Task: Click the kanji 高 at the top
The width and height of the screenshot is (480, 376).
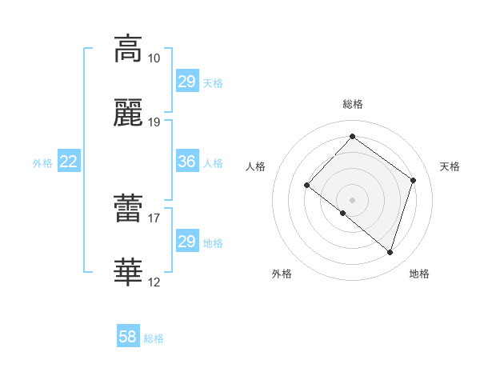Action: pyautogui.click(x=128, y=48)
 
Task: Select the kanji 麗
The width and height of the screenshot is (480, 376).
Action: pyautogui.click(x=128, y=114)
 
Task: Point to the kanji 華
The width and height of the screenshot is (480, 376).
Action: pyautogui.click(x=128, y=273)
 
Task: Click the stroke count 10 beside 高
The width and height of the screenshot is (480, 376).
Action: pyautogui.click(x=154, y=58)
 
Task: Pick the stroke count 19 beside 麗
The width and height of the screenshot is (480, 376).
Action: pyautogui.click(x=154, y=122)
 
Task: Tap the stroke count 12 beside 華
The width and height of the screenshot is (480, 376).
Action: pyautogui.click(x=154, y=282)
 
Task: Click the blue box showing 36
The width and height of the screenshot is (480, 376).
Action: pyautogui.click(x=186, y=162)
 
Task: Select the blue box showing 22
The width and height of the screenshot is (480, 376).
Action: pyautogui.click(x=69, y=162)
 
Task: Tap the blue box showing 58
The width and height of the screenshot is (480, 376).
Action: pyautogui.click(x=128, y=337)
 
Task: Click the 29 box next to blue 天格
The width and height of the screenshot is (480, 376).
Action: pyautogui.click(x=186, y=82)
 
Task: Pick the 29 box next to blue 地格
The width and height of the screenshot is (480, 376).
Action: pyautogui.click(x=186, y=242)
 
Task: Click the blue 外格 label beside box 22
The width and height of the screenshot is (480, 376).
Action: pyautogui.click(x=42, y=163)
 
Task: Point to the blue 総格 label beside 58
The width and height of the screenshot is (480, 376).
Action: pyautogui.click(x=154, y=338)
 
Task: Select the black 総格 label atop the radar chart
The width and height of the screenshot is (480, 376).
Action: pyautogui.click(x=353, y=104)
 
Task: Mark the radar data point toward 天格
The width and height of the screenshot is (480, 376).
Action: pyautogui.click(x=414, y=180)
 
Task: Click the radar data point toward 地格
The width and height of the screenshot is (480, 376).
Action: pyautogui.click(x=390, y=253)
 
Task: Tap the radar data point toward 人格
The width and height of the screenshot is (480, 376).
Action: pyautogui.click(x=307, y=185)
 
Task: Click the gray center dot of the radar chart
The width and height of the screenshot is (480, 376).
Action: pyautogui.click(x=352, y=199)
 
